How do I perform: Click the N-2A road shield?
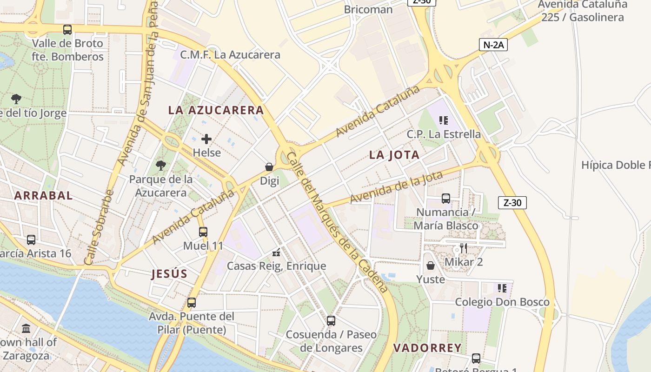(x=493, y=45)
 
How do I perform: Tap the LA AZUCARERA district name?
(x=216, y=110)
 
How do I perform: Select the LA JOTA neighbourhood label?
(x=394, y=155)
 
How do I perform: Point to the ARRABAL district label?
(x=43, y=195)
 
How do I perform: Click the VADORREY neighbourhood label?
(x=427, y=348)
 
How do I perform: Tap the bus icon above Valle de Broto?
(x=67, y=30)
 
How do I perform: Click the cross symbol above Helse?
(x=206, y=139)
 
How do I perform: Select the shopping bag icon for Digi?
(x=269, y=166)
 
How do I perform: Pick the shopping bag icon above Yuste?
(x=431, y=266)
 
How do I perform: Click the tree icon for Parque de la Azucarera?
(x=161, y=165)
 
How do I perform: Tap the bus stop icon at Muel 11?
(x=203, y=232)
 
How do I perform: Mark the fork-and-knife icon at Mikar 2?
(x=463, y=248)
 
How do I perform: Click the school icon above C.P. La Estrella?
(x=444, y=120)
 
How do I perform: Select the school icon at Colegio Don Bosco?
(x=502, y=288)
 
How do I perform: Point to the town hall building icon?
(x=26, y=328)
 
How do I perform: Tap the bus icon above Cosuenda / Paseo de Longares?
(x=331, y=320)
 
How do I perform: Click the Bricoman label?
(x=368, y=9)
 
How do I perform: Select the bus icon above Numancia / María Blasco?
(x=446, y=199)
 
